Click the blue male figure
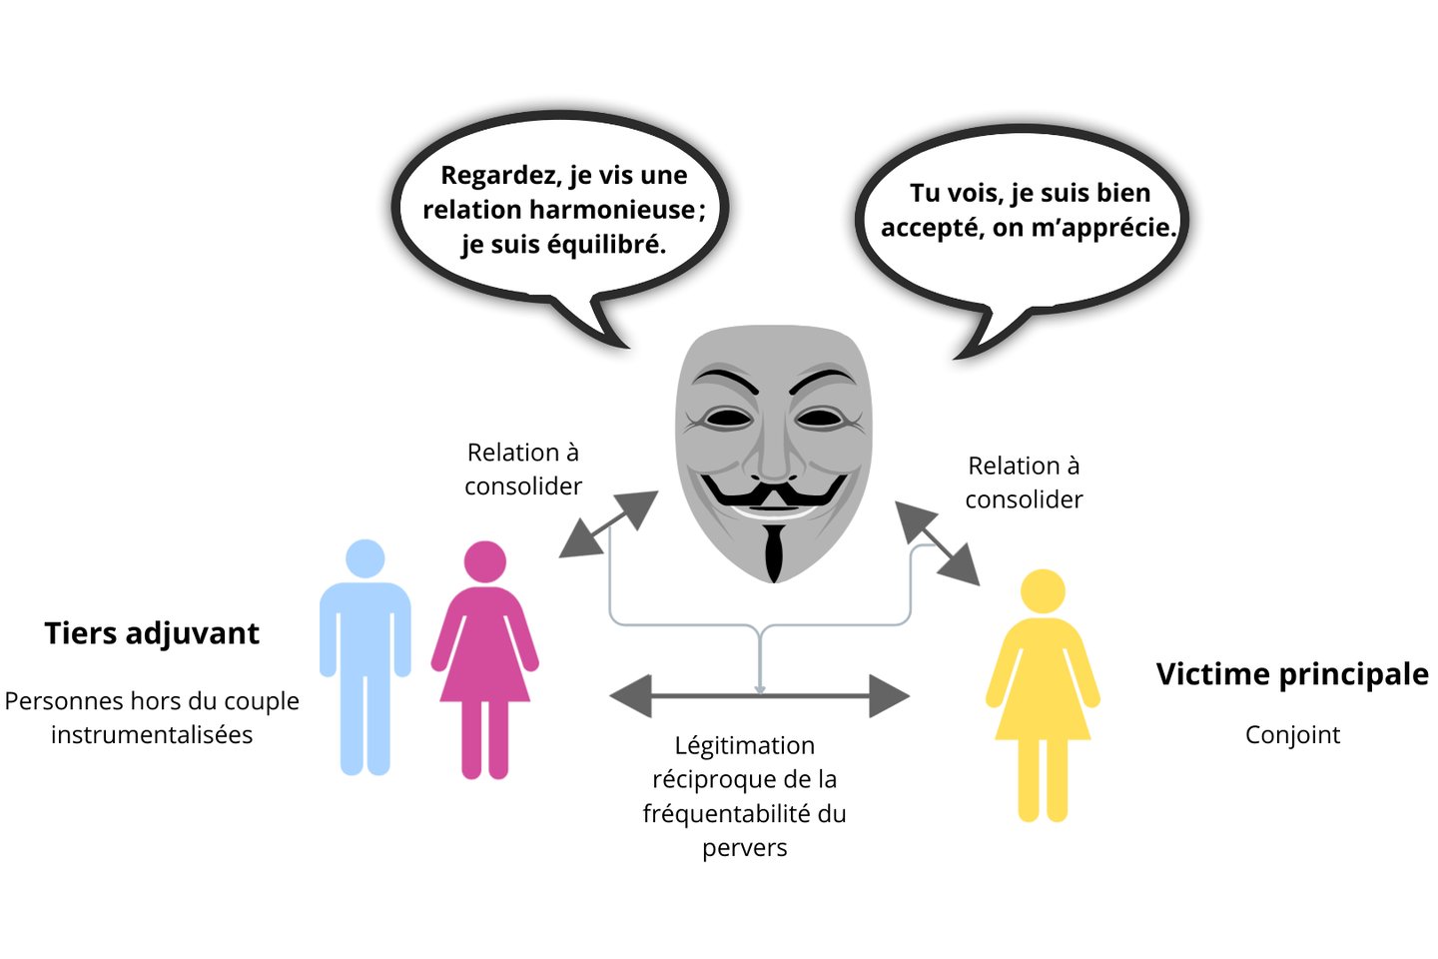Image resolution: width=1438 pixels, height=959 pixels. (x=364, y=659)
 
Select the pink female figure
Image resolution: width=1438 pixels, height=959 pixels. (x=485, y=659)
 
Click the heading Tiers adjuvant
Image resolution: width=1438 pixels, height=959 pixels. (x=152, y=633)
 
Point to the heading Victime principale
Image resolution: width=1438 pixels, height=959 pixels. (x=1292, y=674)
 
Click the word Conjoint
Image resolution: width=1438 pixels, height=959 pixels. (x=1292, y=735)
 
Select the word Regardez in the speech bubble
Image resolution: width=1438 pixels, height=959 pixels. (x=499, y=176)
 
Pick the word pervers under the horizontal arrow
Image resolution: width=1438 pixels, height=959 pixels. (x=744, y=848)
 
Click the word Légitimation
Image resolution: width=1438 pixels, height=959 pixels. (x=744, y=745)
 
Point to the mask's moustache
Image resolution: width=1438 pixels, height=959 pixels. (x=773, y=492)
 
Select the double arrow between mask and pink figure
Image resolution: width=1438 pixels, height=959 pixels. (x=608, y=524)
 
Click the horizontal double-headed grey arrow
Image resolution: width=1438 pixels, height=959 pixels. (x=759, y=696)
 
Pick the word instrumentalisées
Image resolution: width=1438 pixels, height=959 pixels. (x=152, y=735)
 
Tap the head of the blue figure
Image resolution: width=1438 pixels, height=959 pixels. (x=365, y=558)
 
